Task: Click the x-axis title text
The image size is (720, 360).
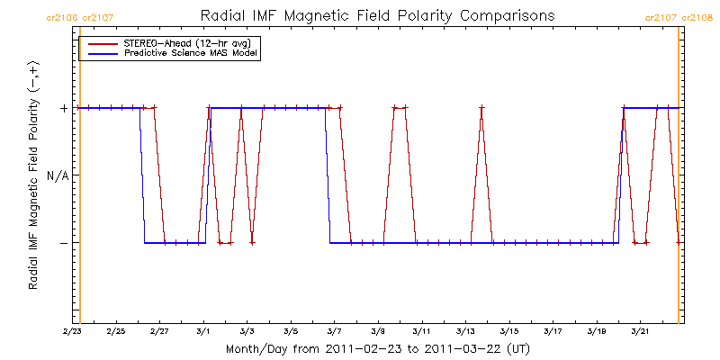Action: coord(376,348)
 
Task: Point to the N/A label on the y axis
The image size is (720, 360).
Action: coord(58,175)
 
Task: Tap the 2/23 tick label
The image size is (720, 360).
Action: coord(72,331)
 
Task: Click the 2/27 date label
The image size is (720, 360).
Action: coord(159,331)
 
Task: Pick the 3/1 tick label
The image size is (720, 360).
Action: coord(203,331)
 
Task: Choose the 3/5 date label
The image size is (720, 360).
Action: coord(291,331)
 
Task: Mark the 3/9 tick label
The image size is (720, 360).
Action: coord(378,331)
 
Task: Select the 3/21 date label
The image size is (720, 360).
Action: coord(640,331)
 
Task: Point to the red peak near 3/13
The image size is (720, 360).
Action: coord(481,108)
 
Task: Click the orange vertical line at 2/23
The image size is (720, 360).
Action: coord(80,180)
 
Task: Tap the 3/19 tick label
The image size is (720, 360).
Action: coord(597,331)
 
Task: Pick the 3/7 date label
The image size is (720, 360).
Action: coord(335,331)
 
